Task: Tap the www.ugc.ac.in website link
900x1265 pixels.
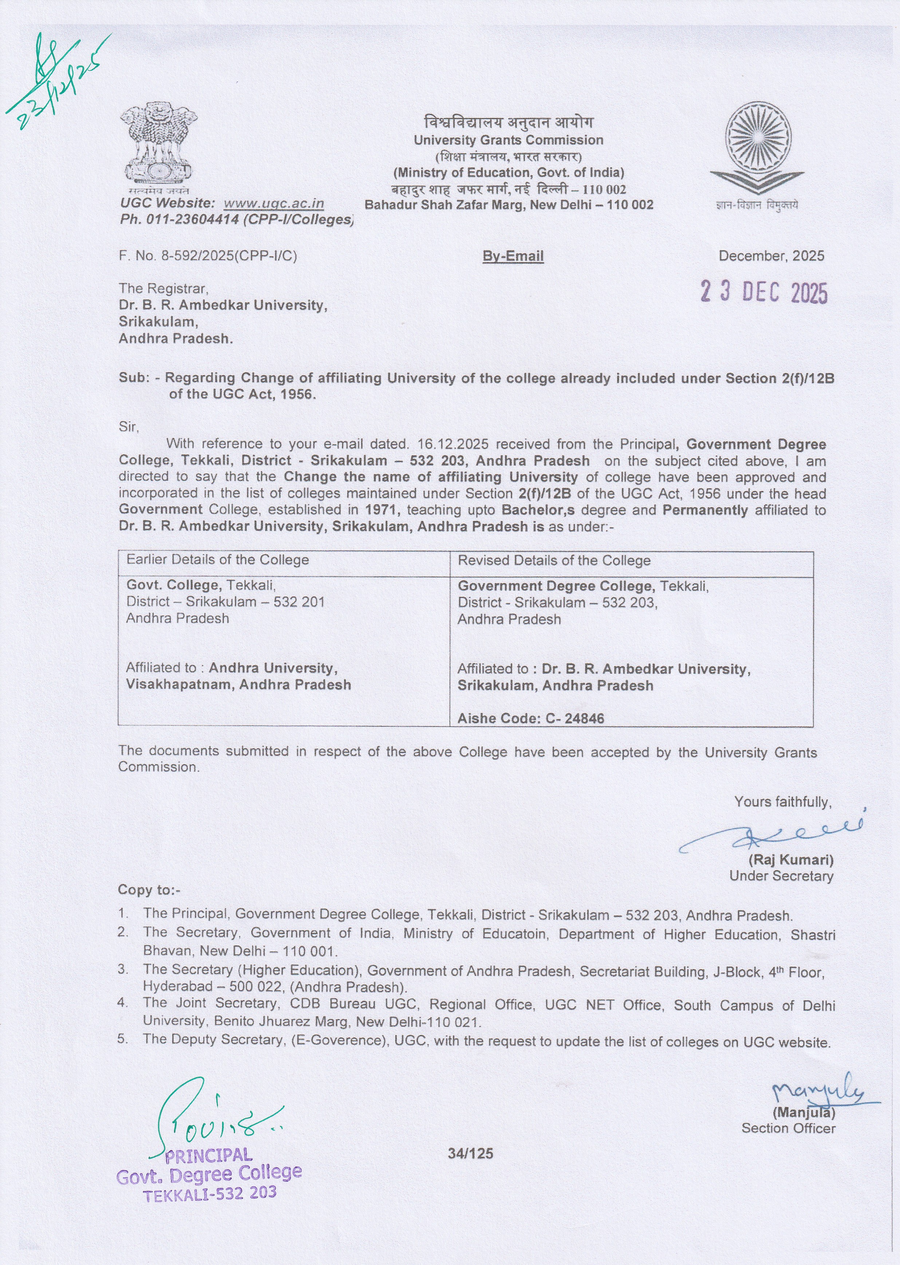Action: (274, 204)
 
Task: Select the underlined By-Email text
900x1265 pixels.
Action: (513, 256)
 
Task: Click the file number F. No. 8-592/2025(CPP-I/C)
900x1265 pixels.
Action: (208, 256)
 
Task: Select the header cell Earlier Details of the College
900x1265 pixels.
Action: (217, 560)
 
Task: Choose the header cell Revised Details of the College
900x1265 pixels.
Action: (554, 560)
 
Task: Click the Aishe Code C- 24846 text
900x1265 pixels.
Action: (530, 718)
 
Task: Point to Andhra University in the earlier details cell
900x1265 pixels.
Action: (271, 668)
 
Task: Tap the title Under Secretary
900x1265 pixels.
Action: (781, 876)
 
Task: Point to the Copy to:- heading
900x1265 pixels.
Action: (149, 890)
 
